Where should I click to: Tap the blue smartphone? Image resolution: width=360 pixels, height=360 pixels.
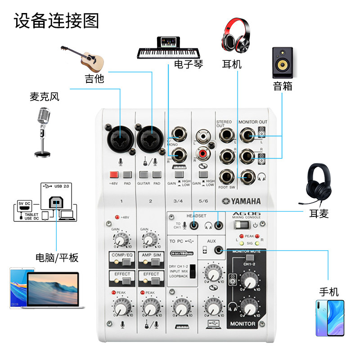[329, 318]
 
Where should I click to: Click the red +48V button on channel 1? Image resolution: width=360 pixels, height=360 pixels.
[113, 175]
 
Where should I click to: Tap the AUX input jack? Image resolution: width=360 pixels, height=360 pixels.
[219, 250]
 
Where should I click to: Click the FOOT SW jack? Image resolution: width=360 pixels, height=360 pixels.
[226, 176]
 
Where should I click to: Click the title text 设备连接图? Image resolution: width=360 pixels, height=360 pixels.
[57, 21]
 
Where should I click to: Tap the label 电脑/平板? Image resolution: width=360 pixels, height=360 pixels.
[57, 257]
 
